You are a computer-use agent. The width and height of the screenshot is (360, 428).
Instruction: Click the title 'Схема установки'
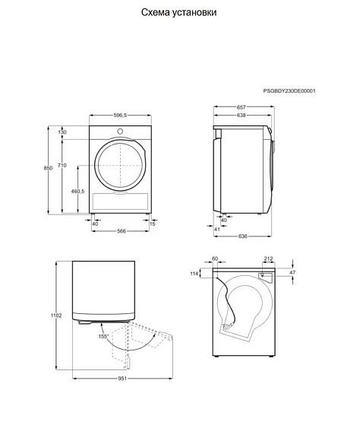point(179,13)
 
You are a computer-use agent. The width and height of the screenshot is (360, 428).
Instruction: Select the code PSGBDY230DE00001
point(289,91)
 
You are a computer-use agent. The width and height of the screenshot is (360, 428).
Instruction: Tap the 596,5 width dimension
point(120,116)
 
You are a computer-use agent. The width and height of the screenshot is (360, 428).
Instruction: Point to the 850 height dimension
point(48,168)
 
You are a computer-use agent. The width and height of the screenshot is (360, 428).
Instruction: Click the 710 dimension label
point(62,165)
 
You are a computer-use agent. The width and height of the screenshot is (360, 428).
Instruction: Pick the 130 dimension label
point(62,132)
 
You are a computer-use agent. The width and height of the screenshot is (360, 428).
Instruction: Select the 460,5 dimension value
point(78,192)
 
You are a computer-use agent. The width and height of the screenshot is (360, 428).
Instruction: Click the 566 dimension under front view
point(122,231)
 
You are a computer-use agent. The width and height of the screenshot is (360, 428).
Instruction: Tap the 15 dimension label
point(153,224)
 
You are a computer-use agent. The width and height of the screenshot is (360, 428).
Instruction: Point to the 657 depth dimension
point(242,107)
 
